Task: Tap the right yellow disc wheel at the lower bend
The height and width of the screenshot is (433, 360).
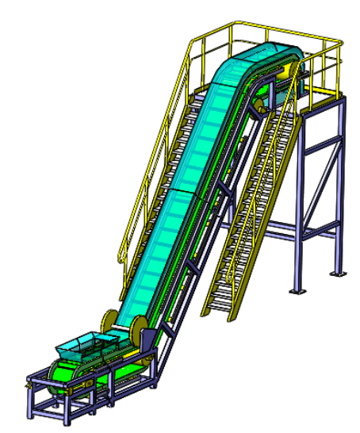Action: pyautogui.click(x=140, y=327)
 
